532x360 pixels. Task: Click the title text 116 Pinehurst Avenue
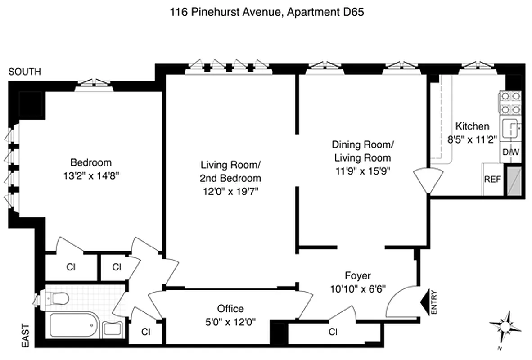(225, 12)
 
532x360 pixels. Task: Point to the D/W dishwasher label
(511, 153)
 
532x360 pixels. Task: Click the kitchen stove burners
(510, 103)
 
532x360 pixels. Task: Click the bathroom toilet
(55, 298)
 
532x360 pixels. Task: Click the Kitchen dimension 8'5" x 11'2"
(472, 139)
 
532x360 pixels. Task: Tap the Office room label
(230, 309)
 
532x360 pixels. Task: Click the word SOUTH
(25, 72)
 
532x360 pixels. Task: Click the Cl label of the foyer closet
(333, 332)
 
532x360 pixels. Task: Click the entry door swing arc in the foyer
(401, 301)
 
